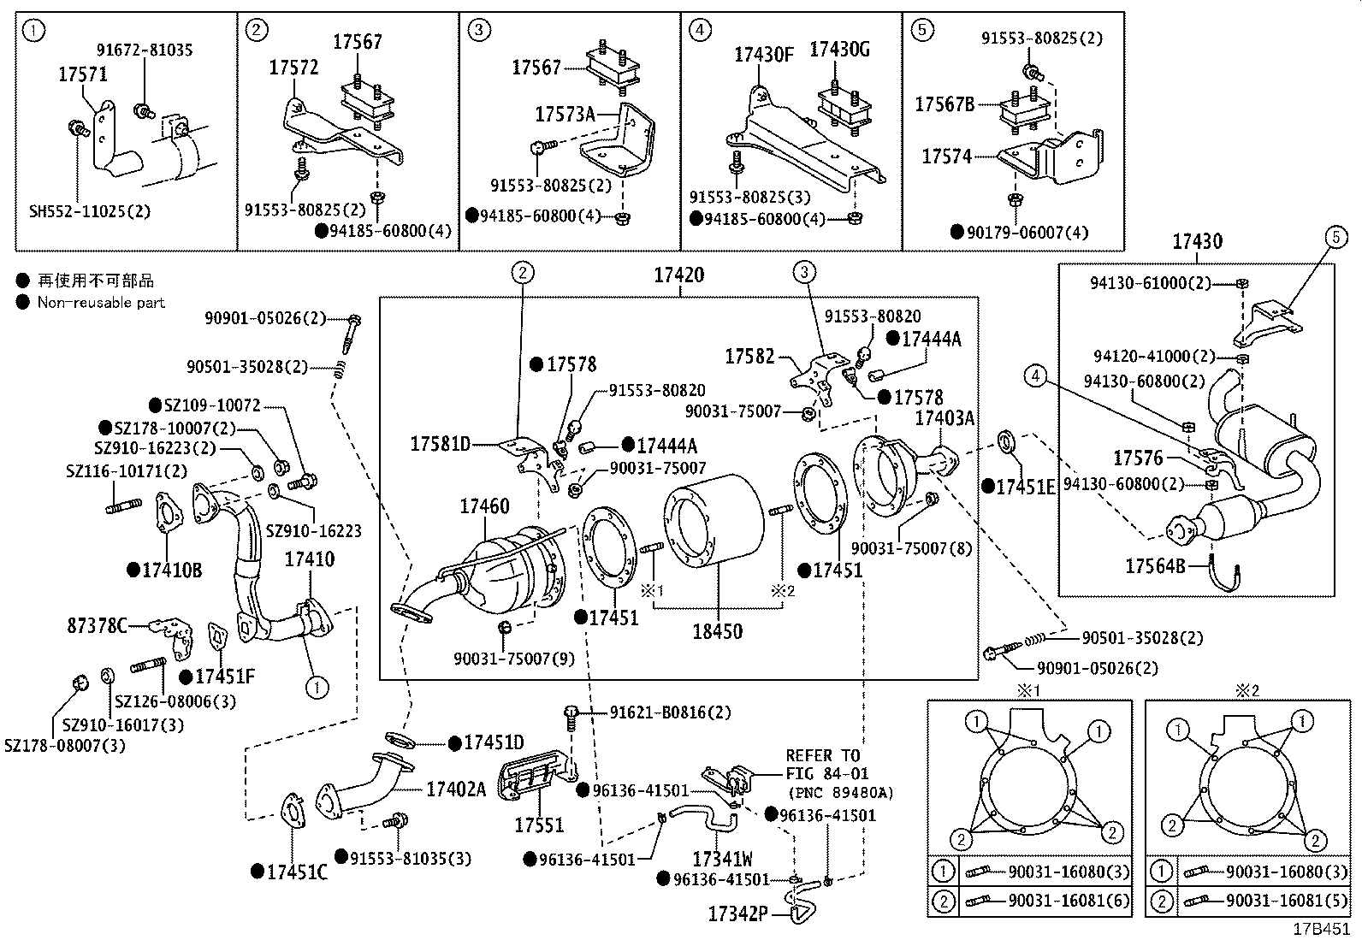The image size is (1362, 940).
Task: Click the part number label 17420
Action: (x=679, y=275)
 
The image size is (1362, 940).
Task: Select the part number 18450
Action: (x=717, y=632)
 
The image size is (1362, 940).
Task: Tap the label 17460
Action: (x=484, y=506)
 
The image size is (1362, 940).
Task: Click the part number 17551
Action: (x=539, y=825)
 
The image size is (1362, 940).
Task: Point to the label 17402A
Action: (x=455, y=789)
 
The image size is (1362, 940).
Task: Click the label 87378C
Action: (x=97, y=625)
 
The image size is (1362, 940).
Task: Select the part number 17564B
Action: (x=1155, y=565)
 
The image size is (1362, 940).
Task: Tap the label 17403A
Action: (x=945, y=417)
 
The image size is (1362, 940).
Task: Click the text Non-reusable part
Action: (x=101, y=302)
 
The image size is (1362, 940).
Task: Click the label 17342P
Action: (x=737, y=913)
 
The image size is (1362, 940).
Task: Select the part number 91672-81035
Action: (x=144, y=50)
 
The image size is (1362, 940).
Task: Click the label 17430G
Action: (x=839, y=50)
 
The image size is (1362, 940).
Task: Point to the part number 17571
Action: (x=83, y=74)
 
